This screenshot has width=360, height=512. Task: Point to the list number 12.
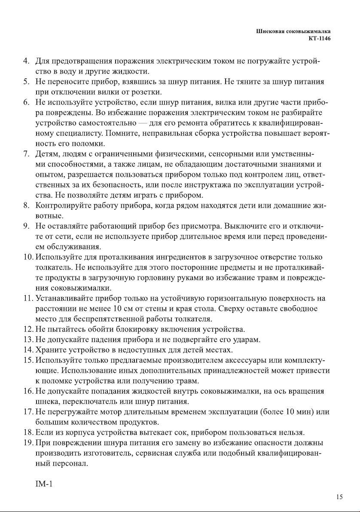28,330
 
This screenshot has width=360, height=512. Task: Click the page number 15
339,497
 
